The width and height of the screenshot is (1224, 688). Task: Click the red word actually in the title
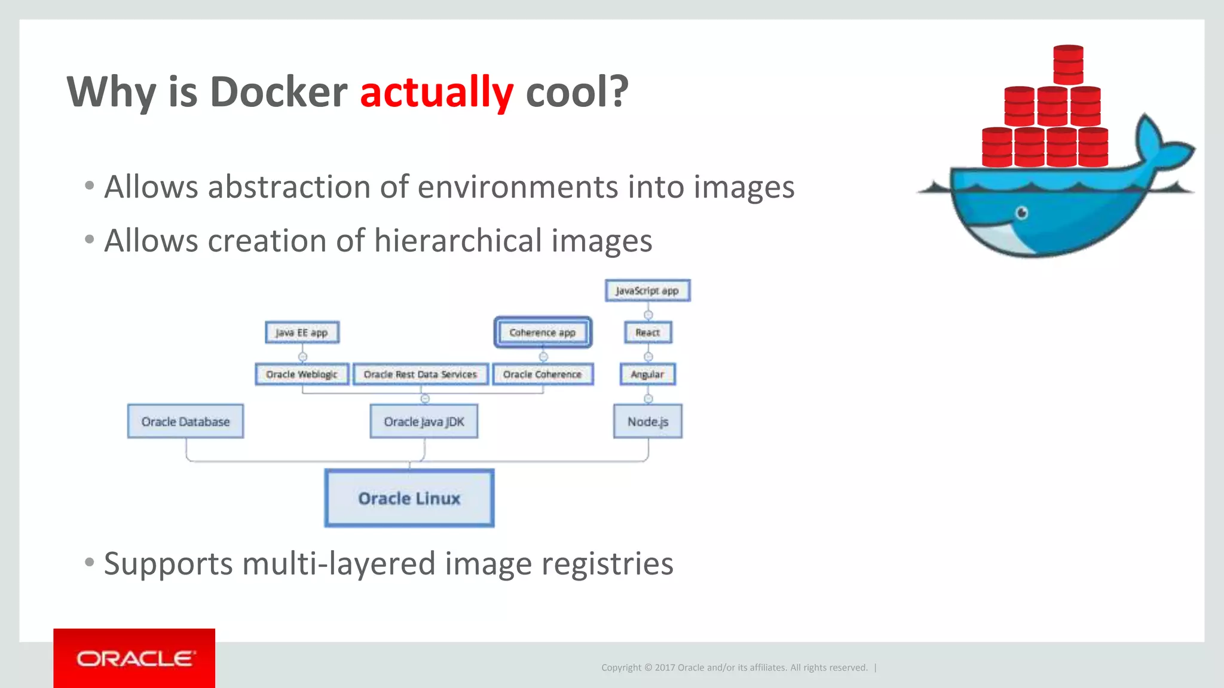pyautogui.click(x=436, y=92)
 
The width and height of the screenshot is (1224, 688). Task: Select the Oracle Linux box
pyautogui.click(x=409, y=498)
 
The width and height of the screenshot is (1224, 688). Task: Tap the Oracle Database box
pyautogui.click(x=185, y=422)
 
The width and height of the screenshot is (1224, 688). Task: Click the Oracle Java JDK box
pyautogui.click(x=424, y=422)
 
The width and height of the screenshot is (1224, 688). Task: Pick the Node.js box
pyautogui.click(x=648, y=422)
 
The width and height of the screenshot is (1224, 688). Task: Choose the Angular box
pyautogui.click(x=647, y=374)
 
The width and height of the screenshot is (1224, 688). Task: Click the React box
pyautogui.click(x=648, y=333)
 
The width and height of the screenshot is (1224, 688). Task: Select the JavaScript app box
pyautogui.click(x=647, y=291)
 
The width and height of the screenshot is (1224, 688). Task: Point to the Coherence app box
pyautogui.click(x=543, y=333)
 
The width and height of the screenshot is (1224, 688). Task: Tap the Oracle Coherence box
pyautogui.click(x=543, y=374)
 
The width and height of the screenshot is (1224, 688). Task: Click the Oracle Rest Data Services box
pyautogui.click(x=420, y=374)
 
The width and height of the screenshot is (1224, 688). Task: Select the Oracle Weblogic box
pyautogui.click(x=302, y=374)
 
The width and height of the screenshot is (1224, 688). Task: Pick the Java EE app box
pyautogui.click(x=302, y=333)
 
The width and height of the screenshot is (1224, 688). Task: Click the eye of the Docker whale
pyautogui.click(x=1022, y=213)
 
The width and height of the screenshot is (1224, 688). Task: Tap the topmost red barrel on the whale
pyautogui.click(x=1068, y=64)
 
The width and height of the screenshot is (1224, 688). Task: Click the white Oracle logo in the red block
pyautogui.click(x=135, y=659)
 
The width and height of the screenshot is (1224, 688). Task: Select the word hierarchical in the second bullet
pyautogui.click(x=457, y=241)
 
